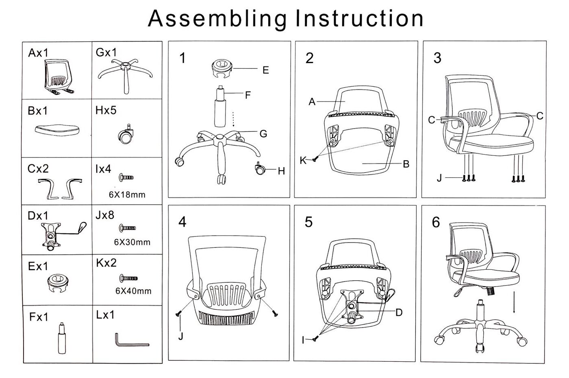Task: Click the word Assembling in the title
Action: click(x=218, y=19)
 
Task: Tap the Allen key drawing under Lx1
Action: click(x=131, y=341)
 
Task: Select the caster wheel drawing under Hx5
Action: click(x=125, y=135)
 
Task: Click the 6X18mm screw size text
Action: click(x=127, y=194)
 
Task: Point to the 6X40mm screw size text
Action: click(x=133, y=291)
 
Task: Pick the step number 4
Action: click(x=182, y=222)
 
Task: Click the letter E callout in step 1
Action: click(x=265, y=70)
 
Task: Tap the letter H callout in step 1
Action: click(x=281, y=171)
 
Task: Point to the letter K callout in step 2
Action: click(x=303, y=160)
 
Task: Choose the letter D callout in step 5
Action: click(x=399, y=312)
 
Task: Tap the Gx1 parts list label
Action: click(x=106, y=52)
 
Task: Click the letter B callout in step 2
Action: click(x=406, y=164)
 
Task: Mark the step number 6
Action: click(x=436, y=222)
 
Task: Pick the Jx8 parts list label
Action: click(x=105, y=215)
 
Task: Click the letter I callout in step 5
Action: click(x=303, y=340)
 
